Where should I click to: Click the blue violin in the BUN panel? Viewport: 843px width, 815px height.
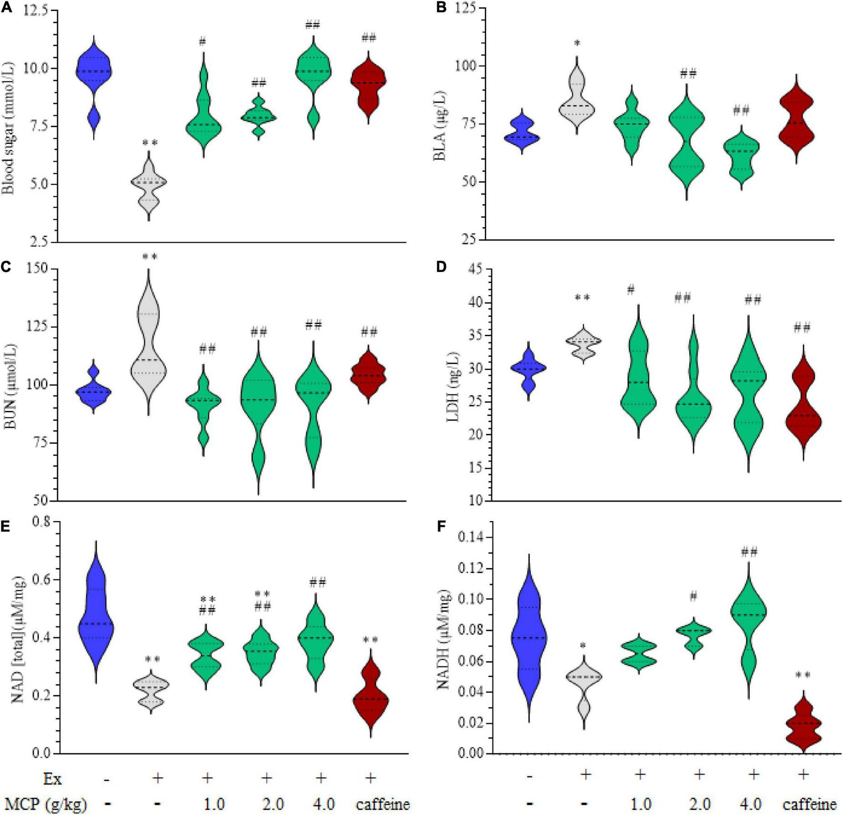pos(94,391)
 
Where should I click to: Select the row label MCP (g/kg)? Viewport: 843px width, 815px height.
pos(46,804)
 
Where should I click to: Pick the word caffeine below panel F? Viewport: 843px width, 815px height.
pos(809,804)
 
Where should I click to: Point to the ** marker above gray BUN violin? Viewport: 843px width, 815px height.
pos(150,258)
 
